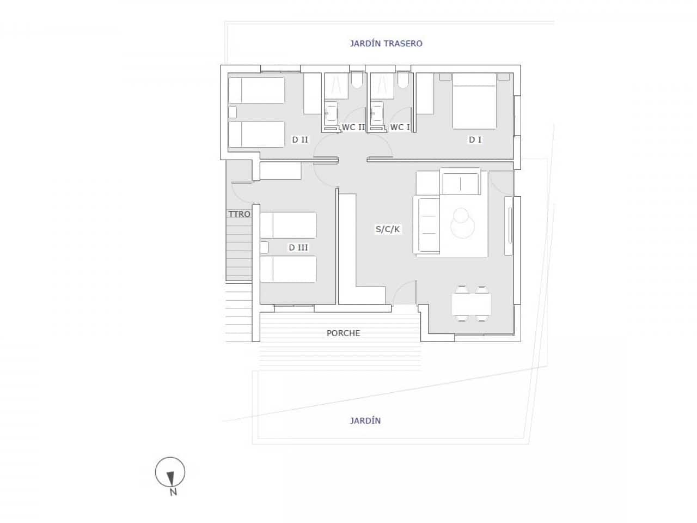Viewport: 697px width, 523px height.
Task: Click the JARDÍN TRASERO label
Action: coord(386,44)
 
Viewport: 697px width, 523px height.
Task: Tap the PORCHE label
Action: coord(343,333)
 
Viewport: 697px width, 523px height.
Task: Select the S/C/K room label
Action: coord(388,229)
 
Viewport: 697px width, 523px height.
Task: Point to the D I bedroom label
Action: coord(475,140)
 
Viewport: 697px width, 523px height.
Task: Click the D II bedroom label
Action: coord(300,140)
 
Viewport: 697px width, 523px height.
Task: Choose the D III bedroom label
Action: coord(298,248)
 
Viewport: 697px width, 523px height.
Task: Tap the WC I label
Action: coord(400,127)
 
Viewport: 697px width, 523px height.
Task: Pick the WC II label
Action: coord(353,127)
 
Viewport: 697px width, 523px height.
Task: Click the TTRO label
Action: coord(239,214)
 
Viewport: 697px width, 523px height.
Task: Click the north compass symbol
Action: coord(170,473)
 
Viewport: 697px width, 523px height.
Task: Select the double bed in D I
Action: coord(474,101)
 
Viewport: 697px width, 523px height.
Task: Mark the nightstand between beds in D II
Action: coord(233,112)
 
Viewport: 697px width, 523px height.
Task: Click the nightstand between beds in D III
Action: coord(265,247)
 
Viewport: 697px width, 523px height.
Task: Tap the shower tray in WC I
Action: coord(382,86)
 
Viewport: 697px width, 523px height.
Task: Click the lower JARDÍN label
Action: coord(365,421)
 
